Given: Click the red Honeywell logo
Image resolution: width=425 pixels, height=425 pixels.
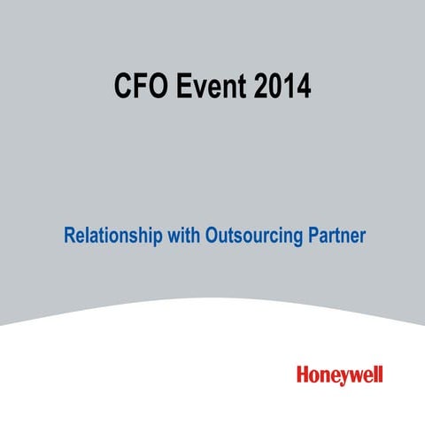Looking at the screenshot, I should coord(340,375).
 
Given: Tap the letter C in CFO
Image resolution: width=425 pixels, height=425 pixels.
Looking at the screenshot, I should coord(123,86).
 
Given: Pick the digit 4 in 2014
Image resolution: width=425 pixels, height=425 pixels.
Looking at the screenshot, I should coord(302,86).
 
